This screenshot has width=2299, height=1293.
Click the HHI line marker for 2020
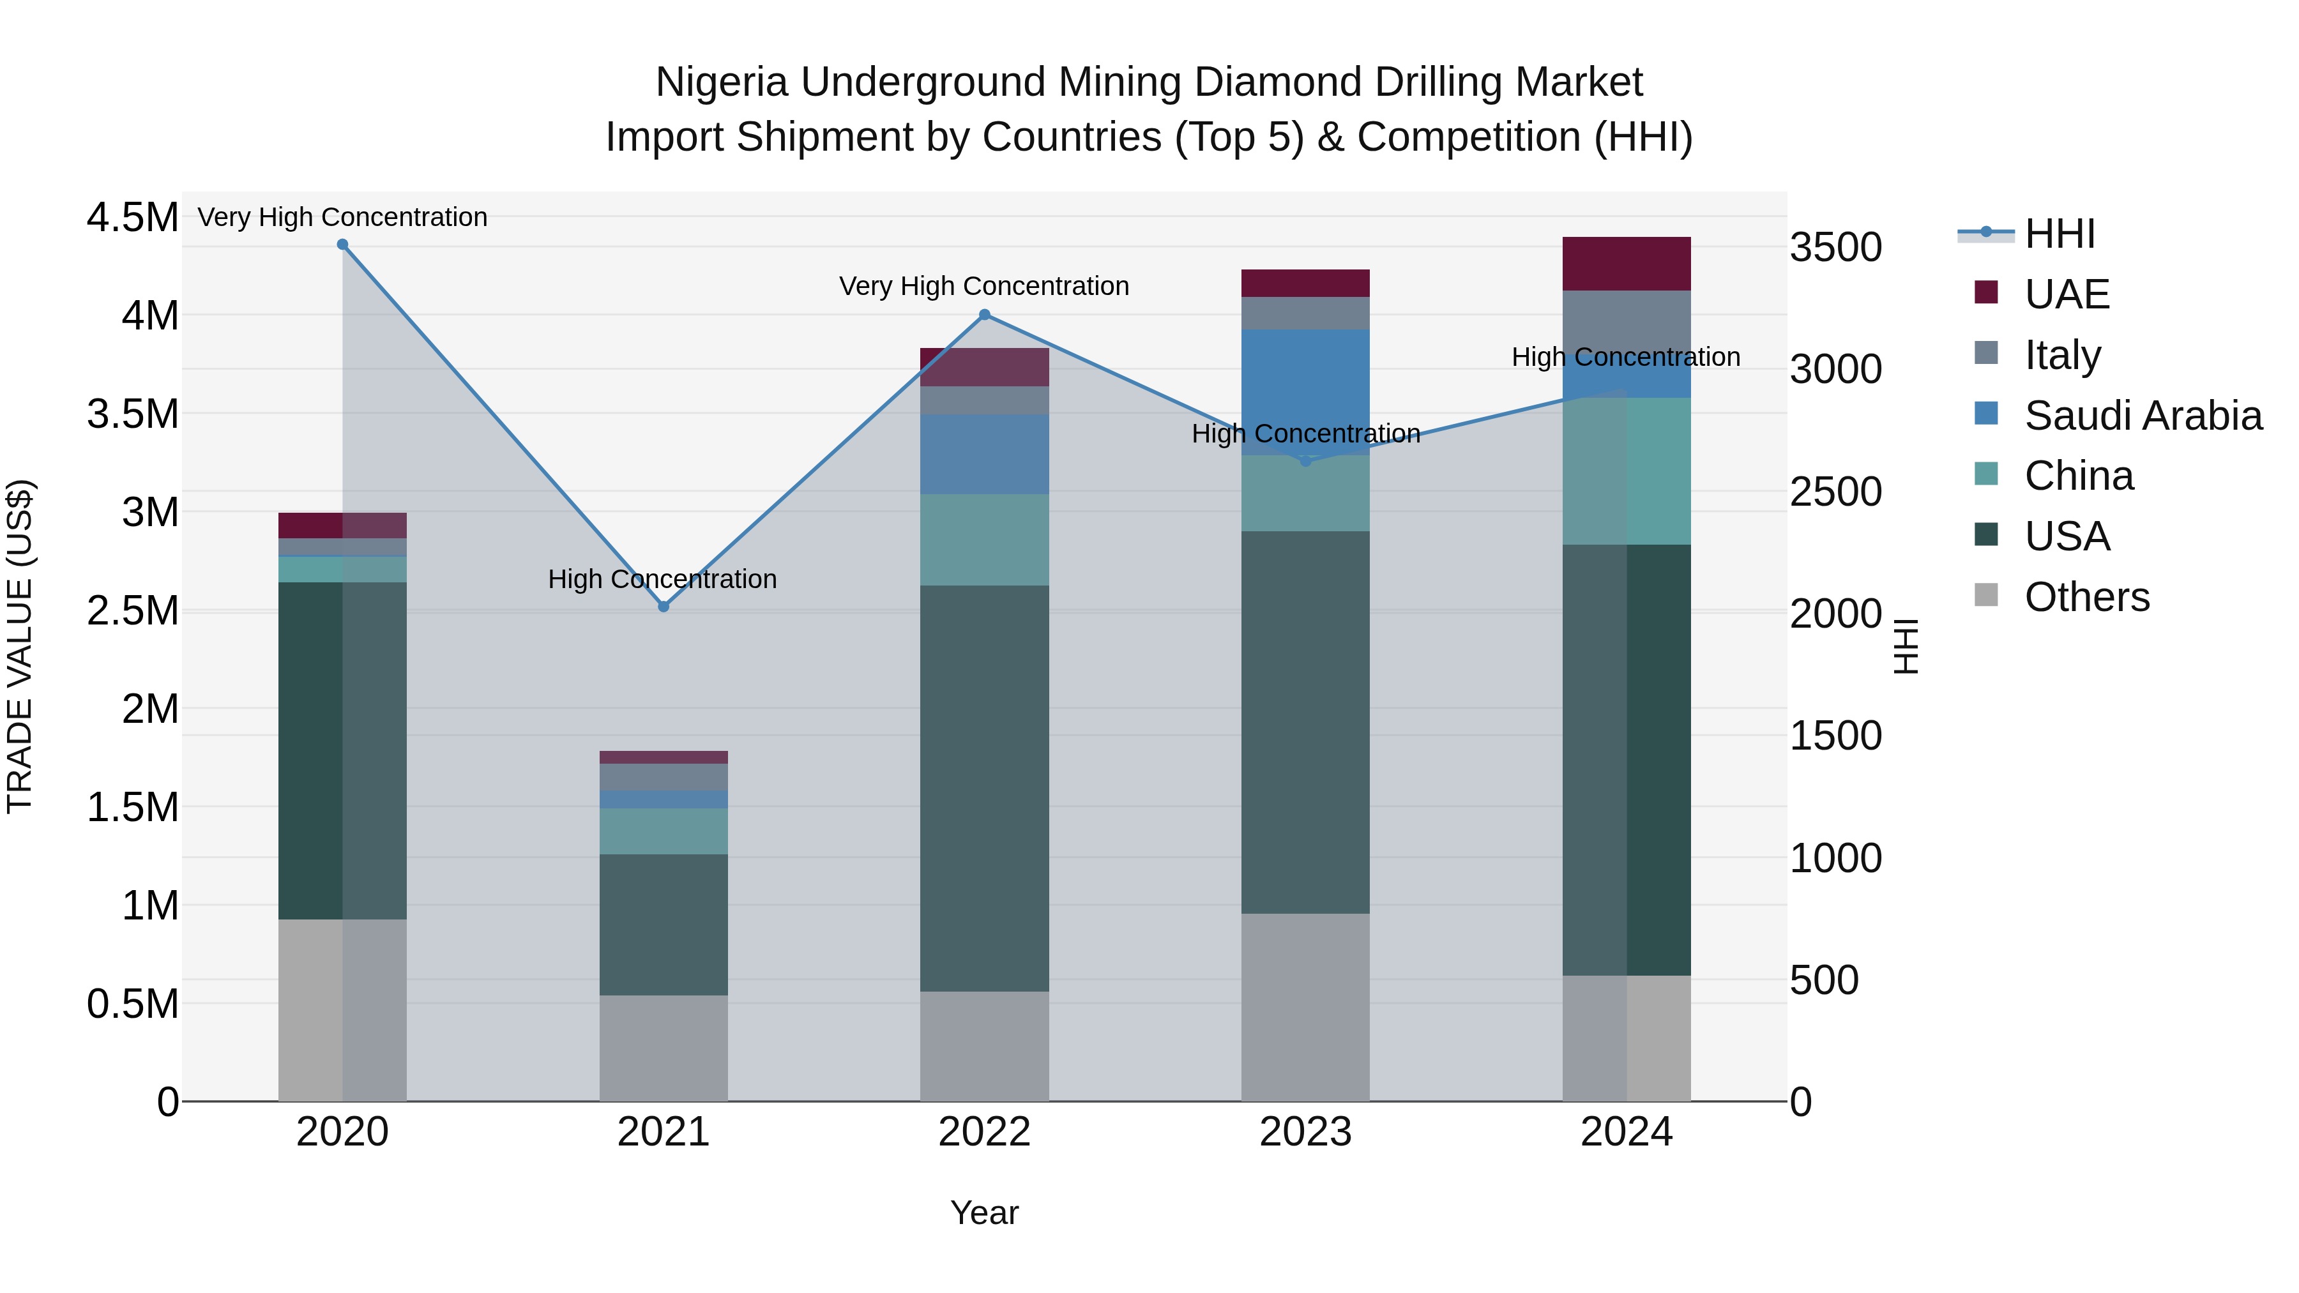343,245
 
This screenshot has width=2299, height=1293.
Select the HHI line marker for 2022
984,315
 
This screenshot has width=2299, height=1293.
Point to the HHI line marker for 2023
1306,462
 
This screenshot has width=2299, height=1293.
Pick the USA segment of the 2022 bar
984,788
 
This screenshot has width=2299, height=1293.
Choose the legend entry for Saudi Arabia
2143,416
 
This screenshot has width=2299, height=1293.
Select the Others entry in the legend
2086,597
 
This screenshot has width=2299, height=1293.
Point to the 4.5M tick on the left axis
132,218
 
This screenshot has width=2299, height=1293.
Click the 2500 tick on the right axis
1836,492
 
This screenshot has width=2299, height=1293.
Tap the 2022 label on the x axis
984,1132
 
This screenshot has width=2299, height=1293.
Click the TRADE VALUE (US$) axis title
20,646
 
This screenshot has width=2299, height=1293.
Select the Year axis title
984,1213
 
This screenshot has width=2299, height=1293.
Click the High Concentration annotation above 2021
662,579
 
